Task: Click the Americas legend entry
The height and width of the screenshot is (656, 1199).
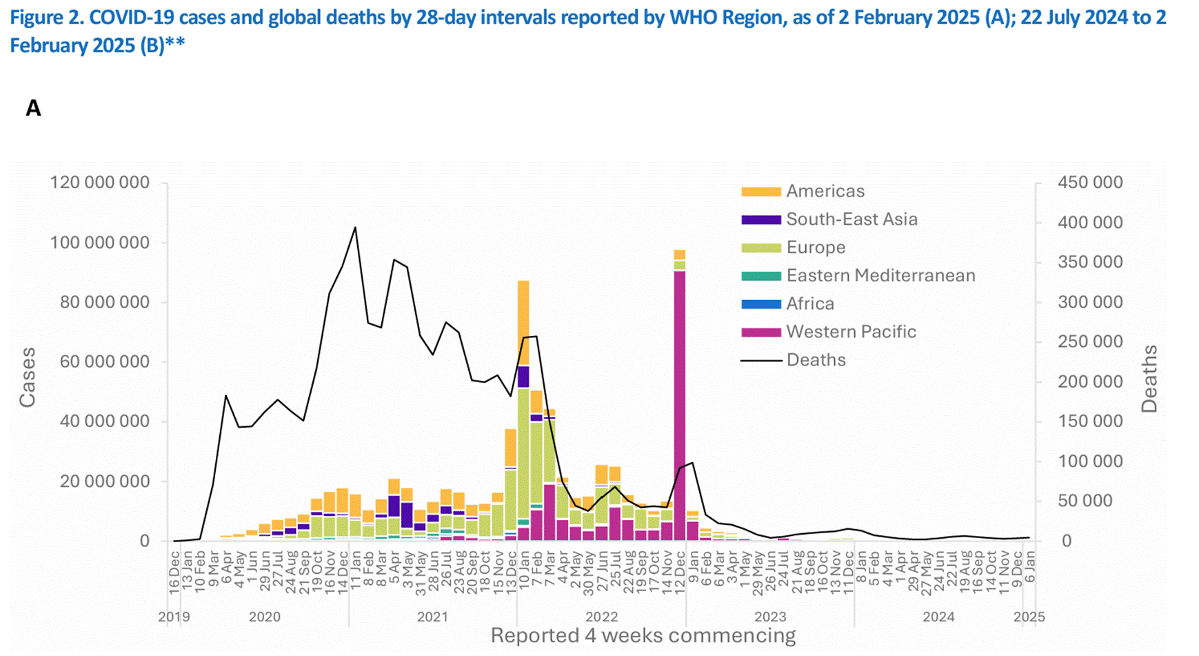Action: [x=825, y=191]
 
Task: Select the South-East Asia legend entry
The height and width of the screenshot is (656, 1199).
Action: [x=852, y=219]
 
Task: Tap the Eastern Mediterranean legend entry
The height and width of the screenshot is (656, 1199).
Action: [x=880, y=275]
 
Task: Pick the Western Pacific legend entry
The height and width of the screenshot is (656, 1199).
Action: [x=851, y=332]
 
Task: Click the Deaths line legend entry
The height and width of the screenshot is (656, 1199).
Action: [x=816, y=360]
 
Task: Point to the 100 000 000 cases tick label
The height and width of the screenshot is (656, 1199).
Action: [x=99, y=243]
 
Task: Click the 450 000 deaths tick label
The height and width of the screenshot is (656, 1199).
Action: [x=1089, y=183]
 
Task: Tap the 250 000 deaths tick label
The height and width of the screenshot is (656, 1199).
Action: [x=1089, y=342]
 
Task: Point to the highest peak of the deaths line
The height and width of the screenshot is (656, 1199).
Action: [x=355, y=228]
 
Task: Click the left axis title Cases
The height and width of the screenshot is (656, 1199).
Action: [x=28, y=377]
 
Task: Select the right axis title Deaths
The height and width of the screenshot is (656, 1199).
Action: [x=1149, y=379]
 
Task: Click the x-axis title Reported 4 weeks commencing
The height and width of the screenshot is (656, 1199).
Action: [x=643, y=635]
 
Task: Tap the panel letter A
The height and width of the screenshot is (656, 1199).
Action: [x=33, y=108]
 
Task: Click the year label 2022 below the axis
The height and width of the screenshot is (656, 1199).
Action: [x=601, y=617]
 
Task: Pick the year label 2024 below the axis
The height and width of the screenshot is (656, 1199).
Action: [x=938, y=617]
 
